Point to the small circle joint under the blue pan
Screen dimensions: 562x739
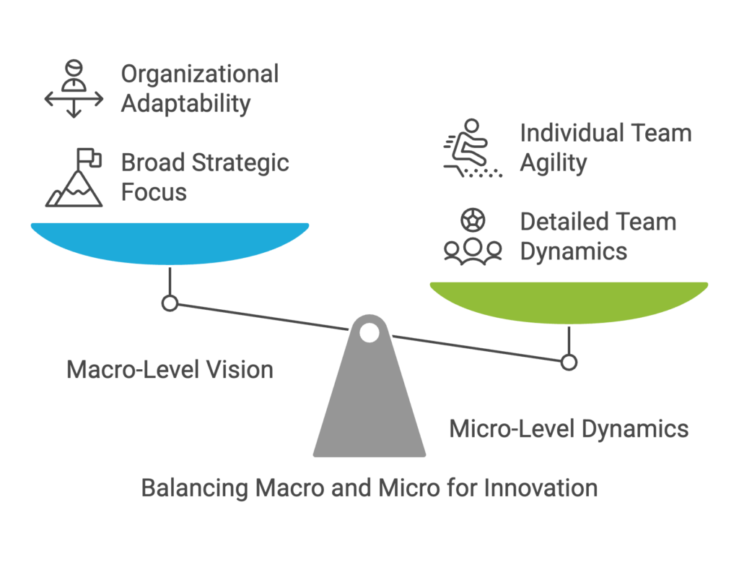(170, 303)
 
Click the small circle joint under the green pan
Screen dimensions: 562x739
(569, 362)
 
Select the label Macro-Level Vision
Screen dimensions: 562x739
(170, 371)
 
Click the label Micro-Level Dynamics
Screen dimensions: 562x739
(569, 429)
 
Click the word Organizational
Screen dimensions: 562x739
(199, 74)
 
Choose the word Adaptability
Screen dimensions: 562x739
(185, 104)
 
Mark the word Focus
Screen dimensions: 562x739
(154, 193)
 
